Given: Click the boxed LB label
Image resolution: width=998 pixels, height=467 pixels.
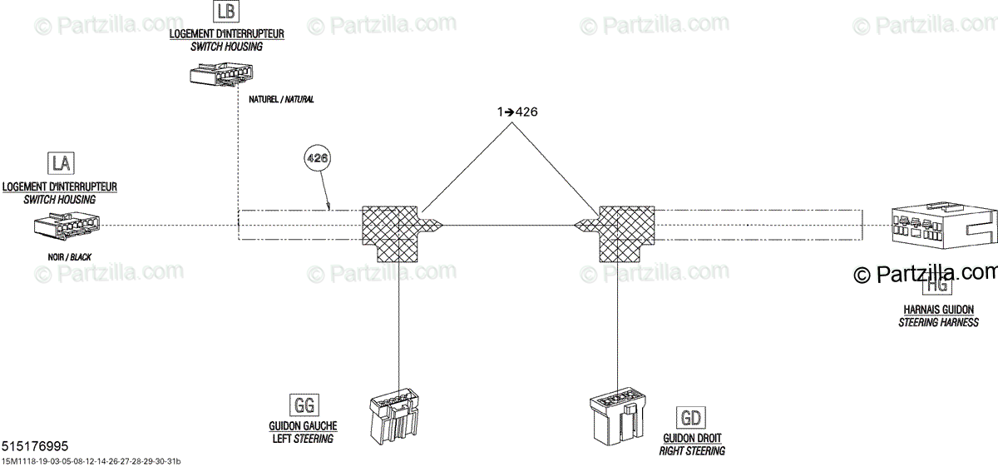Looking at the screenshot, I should pyautogui.click(x=225, y=12).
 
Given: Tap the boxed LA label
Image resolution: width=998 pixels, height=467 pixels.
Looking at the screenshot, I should pyautogui.click(x=59, y=161).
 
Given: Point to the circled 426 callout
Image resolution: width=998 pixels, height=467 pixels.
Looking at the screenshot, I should pyautogui.click(x=317, y=157).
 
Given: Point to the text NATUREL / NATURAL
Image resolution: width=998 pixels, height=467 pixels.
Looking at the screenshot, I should pyautogui.click(x=281, y=99).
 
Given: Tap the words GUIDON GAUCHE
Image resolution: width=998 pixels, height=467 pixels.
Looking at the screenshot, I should pyautogui.click(x=303, y=425).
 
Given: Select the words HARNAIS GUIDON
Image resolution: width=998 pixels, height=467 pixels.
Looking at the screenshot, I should pyautogui.click(x=937, y=309).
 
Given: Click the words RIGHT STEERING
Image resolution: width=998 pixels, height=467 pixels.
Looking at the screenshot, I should pyautogui.click(x=692, y=450).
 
